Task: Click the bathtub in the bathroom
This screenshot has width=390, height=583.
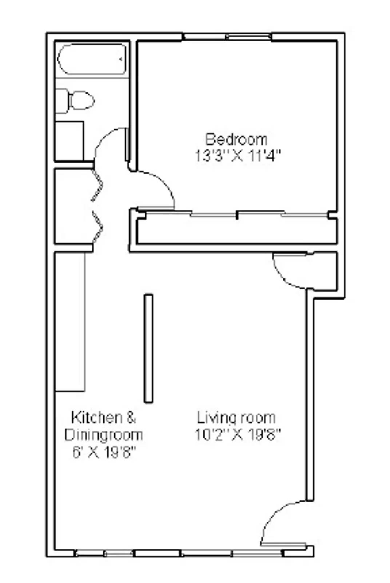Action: click(92, 59)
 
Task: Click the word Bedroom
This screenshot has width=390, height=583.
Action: click(236, 139)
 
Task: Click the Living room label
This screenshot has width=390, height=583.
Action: click(236, 418)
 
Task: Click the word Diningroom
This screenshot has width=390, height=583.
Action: click(103, 435)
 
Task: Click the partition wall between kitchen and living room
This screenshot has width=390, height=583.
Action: click(148, 348)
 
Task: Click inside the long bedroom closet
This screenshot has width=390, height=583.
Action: click(236, 231)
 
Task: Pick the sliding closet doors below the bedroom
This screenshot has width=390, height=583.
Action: click(236, 214)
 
